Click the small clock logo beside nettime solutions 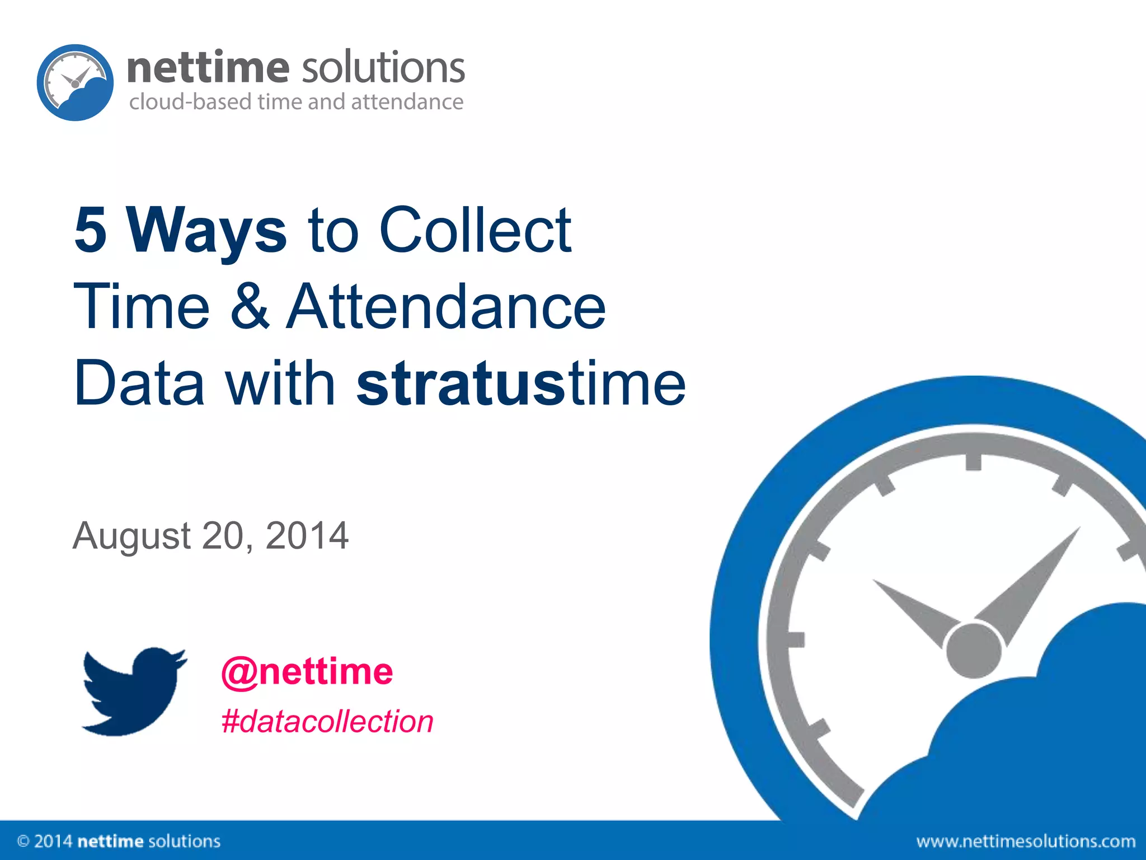[x=75, y=82]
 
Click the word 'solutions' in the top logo [x=383, y=67]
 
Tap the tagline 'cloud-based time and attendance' [x=296, y=102]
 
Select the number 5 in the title [x=91, y=230]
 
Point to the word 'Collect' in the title [x=476, y=230]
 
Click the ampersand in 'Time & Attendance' [x=250, y=307]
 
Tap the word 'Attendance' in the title [x=446, y=307]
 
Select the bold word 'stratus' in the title [x=461, y=384]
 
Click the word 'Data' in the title [x=139, y=384]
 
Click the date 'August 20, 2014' [x=210, y=536]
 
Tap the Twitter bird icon [x=134, y=691]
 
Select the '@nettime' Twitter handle [x=307, y=671]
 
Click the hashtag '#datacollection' [x=327, y=721]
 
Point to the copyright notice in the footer [x=119, y=841]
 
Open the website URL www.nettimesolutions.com [x=1026, y=841]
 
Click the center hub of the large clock [x=973, y=650]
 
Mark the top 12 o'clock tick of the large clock [x=973, y=462]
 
